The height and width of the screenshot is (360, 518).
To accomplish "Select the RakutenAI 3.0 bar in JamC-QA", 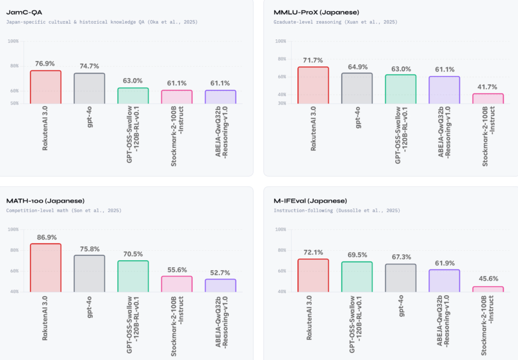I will (x=46, y=87).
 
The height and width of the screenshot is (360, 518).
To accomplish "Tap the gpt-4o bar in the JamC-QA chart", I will (x=89, y=88).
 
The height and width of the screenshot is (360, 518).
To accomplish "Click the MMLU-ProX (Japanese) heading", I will (x=316, y=12).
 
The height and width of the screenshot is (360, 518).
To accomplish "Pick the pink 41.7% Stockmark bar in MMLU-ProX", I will (x=488, y=98).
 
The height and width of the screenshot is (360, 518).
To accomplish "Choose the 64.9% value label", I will (x=357, y=66).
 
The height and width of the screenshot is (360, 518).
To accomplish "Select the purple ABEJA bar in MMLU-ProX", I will (x=444, y=90).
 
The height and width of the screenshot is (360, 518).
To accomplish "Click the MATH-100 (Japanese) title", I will (x=45, y=201).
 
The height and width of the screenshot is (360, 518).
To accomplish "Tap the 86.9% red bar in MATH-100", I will (x=46, y=268).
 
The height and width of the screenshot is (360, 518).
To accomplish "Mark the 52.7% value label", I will (x=220, y=272).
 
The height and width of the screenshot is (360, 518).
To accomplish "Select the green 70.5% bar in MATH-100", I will (x=133, y=276).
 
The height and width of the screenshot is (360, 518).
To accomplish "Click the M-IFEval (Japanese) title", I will (x=310, y=201).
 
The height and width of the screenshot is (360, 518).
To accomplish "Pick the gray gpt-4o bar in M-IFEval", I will (x=400, y=278).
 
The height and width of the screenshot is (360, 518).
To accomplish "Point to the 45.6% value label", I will (x=488, y=279).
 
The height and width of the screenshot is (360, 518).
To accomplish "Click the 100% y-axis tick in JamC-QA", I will (x=13, y=41).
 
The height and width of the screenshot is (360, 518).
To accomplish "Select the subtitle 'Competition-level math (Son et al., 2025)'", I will (x=64, y=210).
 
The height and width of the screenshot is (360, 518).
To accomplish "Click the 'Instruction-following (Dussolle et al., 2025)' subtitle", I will (x=337, y=210).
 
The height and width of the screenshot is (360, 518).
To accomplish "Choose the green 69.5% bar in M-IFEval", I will (x=357, y=276).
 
